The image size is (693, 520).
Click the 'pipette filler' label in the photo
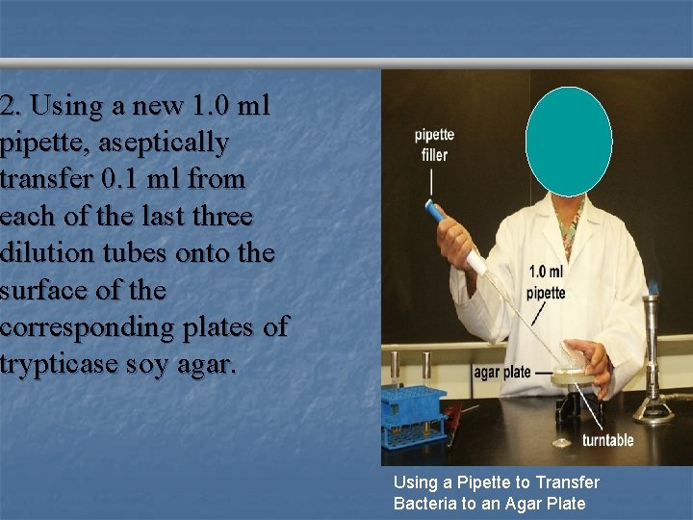(434, 144)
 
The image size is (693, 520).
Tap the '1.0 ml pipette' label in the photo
(546, 282)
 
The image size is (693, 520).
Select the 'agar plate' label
(501, 372)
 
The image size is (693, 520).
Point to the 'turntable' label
(607, 440)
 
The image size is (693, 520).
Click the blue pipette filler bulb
(435, 211)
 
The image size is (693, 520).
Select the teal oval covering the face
(568, 142)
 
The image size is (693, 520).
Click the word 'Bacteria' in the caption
(424, 503)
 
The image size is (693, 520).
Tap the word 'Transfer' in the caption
(568, 481)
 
